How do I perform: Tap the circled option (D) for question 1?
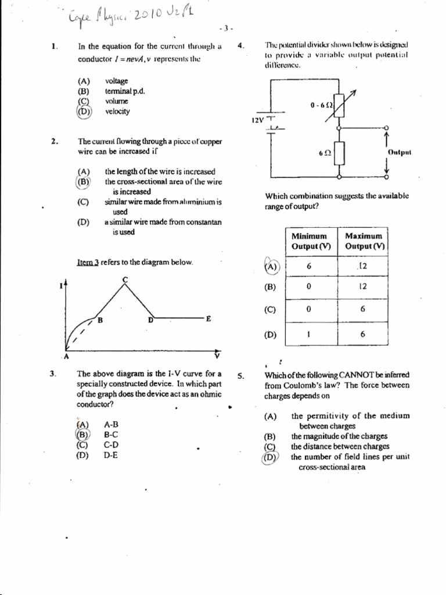pos(84,112)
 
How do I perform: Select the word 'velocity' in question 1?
pos(117,112)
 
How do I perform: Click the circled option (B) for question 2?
pos(84,182)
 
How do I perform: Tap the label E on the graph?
pos(208,318)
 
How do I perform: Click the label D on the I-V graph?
pos(150,320)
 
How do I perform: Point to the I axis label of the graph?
pos(62,284)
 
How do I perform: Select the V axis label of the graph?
pos(217,355)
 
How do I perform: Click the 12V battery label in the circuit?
pos(257,120)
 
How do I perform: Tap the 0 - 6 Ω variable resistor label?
pos(321,105)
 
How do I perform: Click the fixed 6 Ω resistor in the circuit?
pos(340,153)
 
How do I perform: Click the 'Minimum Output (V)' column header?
pos(310,241)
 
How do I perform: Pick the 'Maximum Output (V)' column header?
pos(364,241)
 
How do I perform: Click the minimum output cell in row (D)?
pos(310,335)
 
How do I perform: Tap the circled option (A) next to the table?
pos(271,266)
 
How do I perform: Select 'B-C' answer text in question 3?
pos(111,434)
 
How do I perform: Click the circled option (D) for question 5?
pos(270,457)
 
